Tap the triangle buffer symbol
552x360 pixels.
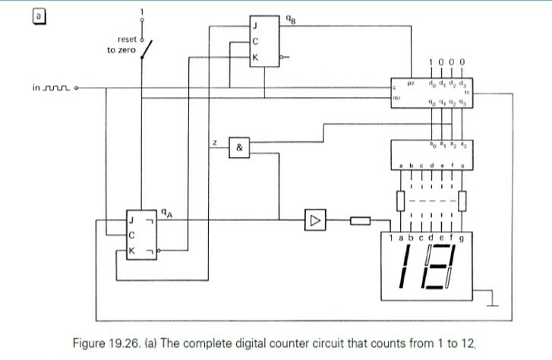coord(313,221)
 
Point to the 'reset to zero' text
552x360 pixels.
coord(121,44)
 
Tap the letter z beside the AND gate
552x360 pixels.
coord(215,143)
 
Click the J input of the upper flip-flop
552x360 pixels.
coord(256,26)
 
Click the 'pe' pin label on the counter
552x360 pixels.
coord(409,81)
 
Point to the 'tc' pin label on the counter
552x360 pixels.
coord(467,92)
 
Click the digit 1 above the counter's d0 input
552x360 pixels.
coord(432,62)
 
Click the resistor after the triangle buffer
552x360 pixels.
coord(359,222)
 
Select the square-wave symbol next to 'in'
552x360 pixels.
coord(58,87)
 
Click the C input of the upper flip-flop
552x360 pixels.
coord(256,40)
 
